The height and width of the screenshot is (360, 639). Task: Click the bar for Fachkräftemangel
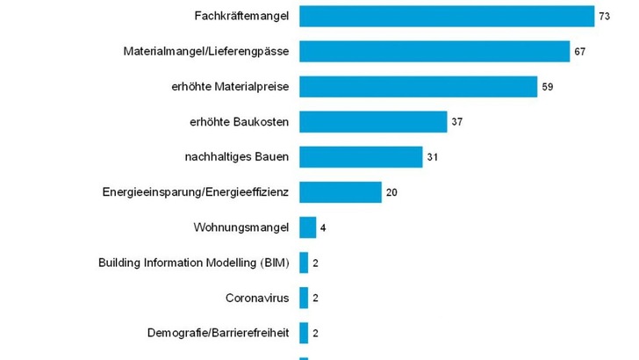tap(447, 17)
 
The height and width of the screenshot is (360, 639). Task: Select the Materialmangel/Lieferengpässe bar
tap(434, 52)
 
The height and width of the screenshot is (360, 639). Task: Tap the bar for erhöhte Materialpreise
tap(418, 87)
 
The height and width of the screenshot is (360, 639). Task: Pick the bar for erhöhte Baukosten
tap(373, 122)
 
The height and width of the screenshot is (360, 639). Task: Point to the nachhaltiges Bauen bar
tap(361, 157)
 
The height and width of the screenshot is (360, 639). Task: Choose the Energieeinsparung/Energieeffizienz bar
tap(341, 192)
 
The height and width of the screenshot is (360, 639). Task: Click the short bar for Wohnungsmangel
tap(308, 227)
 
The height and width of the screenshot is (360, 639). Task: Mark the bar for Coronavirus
tap(304, 298)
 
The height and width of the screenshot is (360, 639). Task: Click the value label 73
tap(604, 17)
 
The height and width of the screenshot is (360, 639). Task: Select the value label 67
tap(579, 52)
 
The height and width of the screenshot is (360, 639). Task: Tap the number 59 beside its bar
tap(548, 87)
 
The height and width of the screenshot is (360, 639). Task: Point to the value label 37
tap(456, 122)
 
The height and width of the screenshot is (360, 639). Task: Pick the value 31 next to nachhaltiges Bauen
tap(432, 157)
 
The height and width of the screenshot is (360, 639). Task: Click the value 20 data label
tap(391, 192)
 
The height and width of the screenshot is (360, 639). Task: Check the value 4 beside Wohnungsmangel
tap(323, 227)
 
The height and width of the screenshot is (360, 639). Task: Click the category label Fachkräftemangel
tap(241, 17)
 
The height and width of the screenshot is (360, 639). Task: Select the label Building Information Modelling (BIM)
tap(193, 263)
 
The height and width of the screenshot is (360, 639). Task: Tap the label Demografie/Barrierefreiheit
tap(218, 333)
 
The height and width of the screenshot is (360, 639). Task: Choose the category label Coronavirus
tap(257, 298)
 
